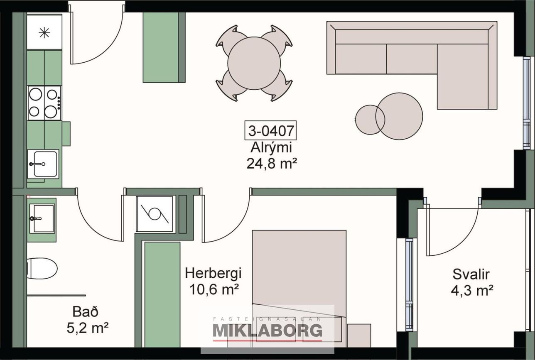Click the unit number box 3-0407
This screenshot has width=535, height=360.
pyautogui.click(x=270, y=130)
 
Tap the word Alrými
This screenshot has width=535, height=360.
pyautogui.click(x=271, y=148)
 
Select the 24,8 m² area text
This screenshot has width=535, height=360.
pyautogui.click(x=272, y=164)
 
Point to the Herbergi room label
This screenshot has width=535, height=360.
pyautogui.click(x=213, y=273)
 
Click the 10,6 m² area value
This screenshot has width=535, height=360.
pyautogui.click(x=214, y=289)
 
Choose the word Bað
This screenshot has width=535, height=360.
pyautogui.click(x=85, y=312)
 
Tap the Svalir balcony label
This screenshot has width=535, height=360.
pyautogui.click(x=471, y=274)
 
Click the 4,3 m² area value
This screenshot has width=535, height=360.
pyautogui.click(x=472, y=290)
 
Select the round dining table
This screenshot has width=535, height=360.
pyautogui.click(x=254, y=63)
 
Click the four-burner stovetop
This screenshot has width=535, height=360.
pyautogui.click(x=44, y=103)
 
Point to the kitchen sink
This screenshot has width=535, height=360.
pyautogui.click(x=43, y=164)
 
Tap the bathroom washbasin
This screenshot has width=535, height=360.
pyautogui.click(x=42, y=219)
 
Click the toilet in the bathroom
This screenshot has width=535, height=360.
pyautogui.click(x=42, y=268)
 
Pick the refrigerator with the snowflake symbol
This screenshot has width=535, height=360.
pyautogui.click(x=44, y=32)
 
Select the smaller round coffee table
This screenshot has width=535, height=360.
pyautogui.click(x=370, y=120)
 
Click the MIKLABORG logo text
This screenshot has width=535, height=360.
pyautogui.click(x=267, y=331)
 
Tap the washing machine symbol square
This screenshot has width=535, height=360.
pyautogui.click(x=155, y=214)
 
